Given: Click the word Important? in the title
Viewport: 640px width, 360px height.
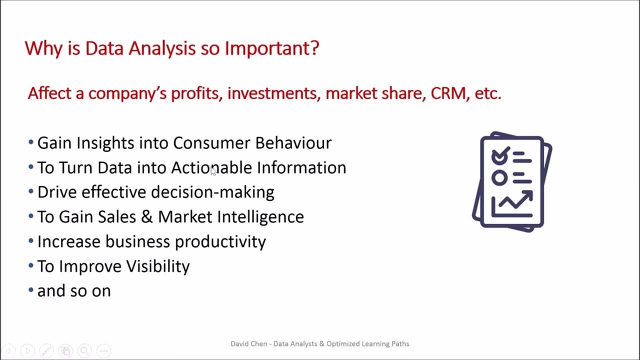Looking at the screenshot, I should tap(271, 48).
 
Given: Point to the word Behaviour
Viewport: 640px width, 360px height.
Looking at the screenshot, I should tap(293, 143).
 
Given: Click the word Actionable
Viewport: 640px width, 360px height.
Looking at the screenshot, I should tap(211, 167).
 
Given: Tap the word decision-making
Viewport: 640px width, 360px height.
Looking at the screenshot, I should tap(212, 192).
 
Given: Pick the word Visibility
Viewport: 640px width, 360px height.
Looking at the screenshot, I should tap(157, 266).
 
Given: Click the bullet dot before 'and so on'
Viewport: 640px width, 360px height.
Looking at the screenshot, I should tap(31, 290).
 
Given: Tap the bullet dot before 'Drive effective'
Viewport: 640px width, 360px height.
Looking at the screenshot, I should tap(31, 192).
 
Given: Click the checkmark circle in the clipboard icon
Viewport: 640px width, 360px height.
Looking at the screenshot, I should tap(500, 156).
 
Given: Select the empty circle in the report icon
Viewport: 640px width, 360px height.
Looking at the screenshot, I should tap(499, 177).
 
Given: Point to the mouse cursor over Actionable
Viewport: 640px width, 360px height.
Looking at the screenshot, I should tap(213, 170).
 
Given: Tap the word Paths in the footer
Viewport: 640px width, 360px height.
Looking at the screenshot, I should tap(399, 344).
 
